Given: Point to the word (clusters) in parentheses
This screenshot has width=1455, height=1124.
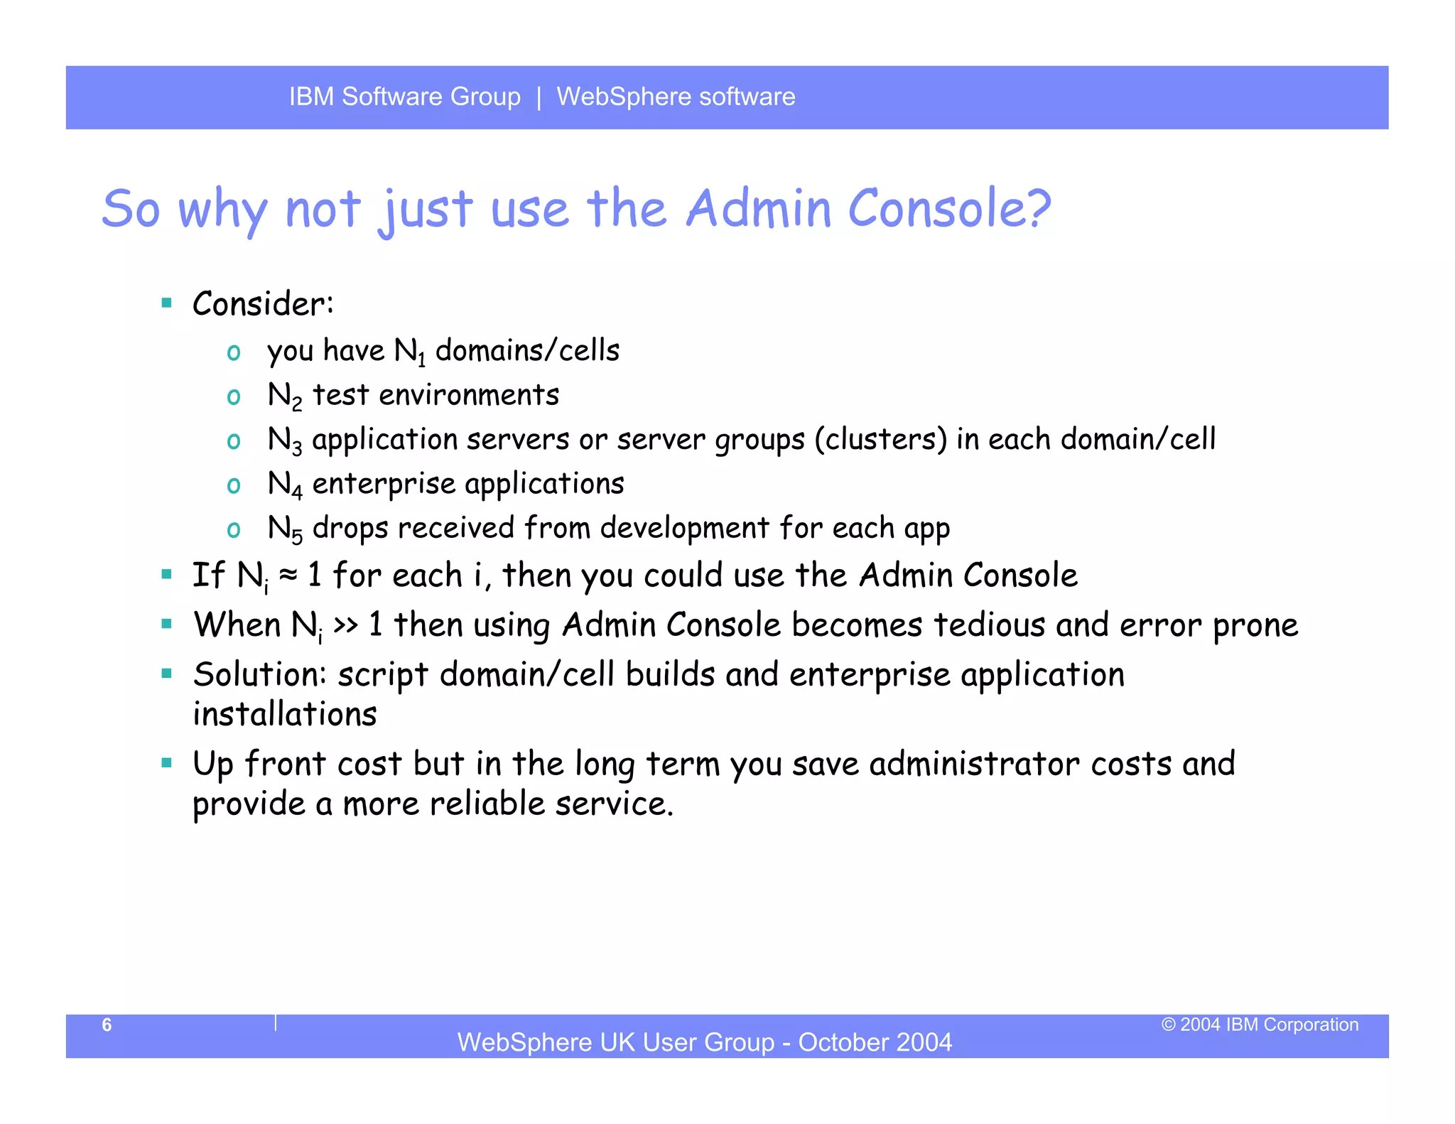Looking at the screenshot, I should (x=880, y=440).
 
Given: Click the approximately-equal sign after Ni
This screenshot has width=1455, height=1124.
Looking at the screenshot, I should (x=288, y=574).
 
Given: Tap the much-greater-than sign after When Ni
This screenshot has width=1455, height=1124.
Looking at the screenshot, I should (x=345, y=625).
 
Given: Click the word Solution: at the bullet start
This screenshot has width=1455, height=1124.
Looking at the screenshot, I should (x=259, y=675).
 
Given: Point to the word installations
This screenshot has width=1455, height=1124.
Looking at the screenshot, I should (x=284, y=715).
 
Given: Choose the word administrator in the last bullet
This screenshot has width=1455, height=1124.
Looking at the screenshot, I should (x=975, y=764).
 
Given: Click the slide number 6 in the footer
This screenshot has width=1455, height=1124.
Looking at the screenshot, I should (x=107, y=1025).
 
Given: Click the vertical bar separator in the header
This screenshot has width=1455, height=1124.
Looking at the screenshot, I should (x=539, y=97).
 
